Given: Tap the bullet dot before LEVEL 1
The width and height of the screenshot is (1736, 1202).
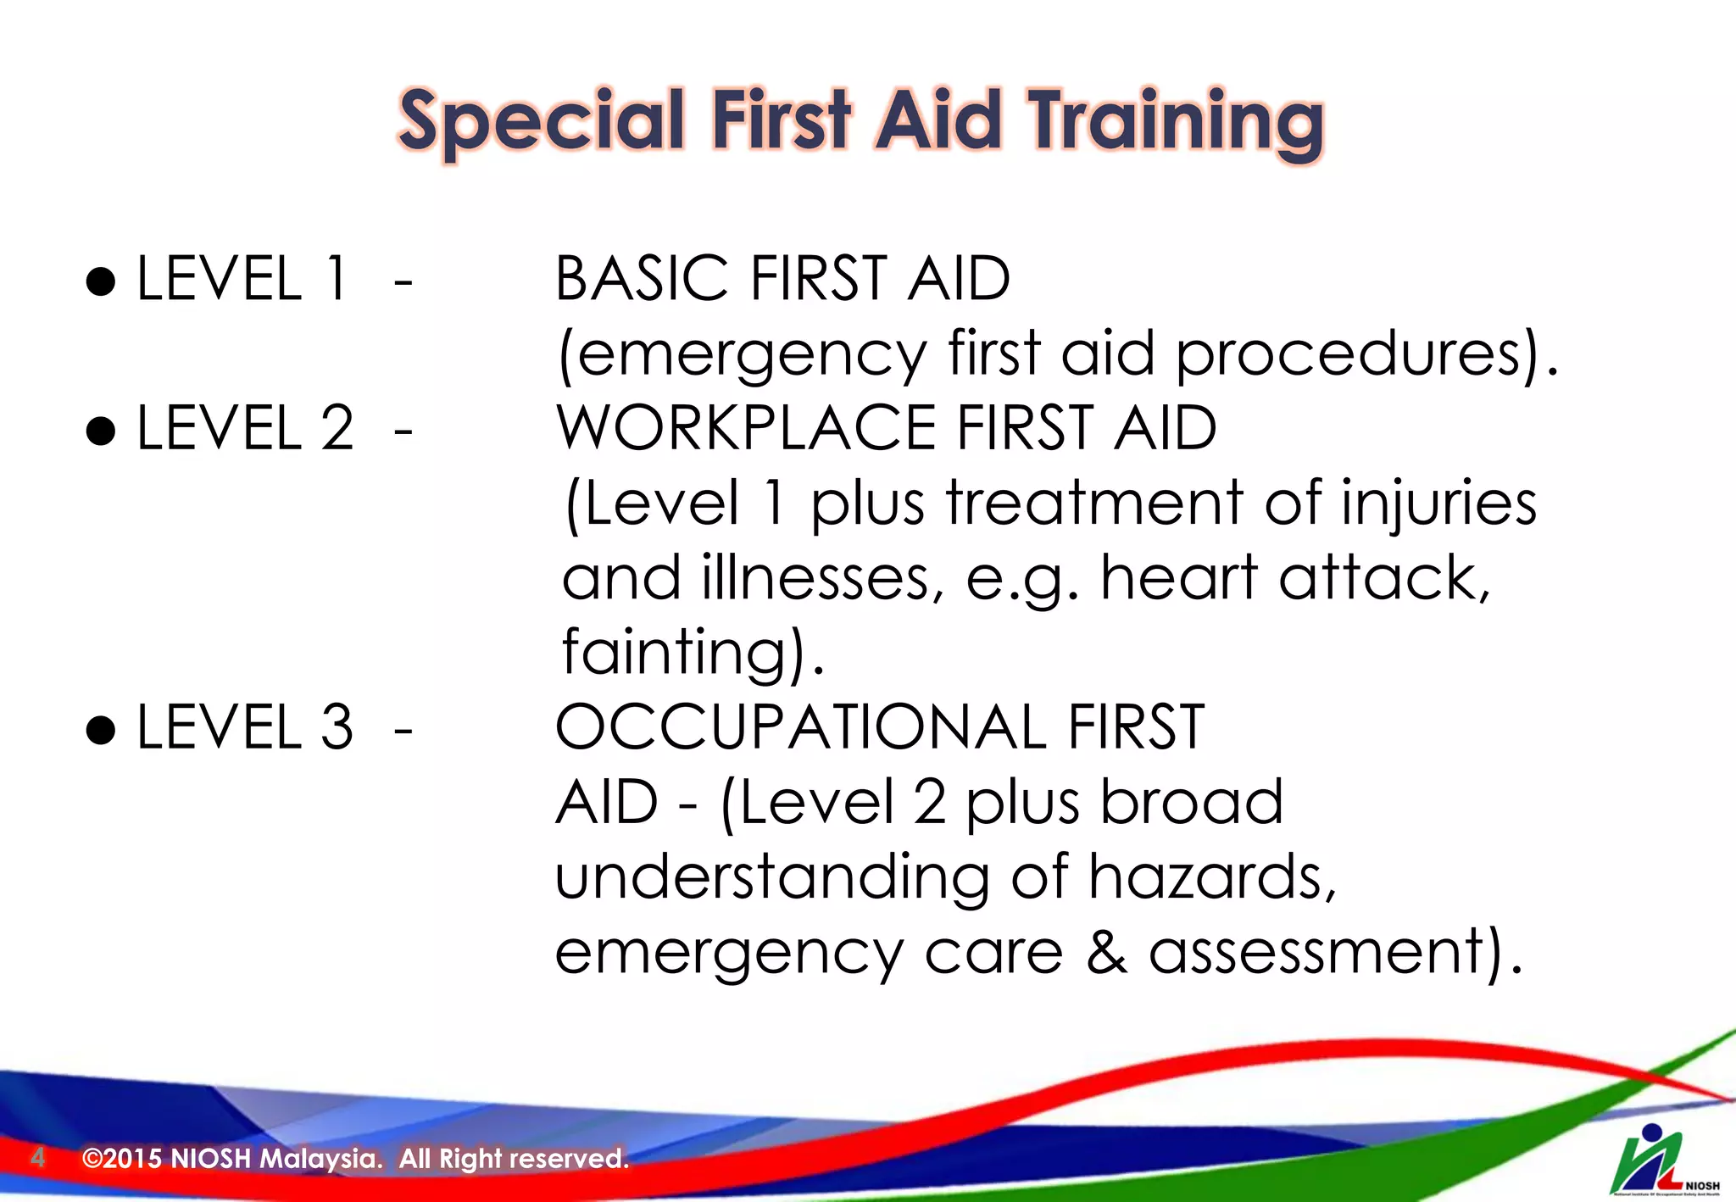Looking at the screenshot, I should coord(101,281).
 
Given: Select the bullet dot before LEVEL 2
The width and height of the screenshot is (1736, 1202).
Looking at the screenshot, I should coord(101,430).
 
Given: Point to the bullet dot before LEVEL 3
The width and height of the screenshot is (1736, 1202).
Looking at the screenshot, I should coord(101,729).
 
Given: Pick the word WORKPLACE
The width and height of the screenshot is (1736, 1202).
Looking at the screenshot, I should coord(745,428).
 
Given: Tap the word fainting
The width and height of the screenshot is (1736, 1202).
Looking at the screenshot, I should coord(683,653).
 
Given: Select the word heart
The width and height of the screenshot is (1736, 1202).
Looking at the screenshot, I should coord(1178,578).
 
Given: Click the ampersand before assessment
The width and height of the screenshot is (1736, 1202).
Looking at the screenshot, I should coord(1107,951).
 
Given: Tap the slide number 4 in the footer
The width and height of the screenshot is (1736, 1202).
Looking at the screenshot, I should coord(37,1157).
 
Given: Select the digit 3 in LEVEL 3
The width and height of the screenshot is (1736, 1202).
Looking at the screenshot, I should coord(337,727).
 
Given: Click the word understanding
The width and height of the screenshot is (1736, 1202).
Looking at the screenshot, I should coord(771,876).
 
